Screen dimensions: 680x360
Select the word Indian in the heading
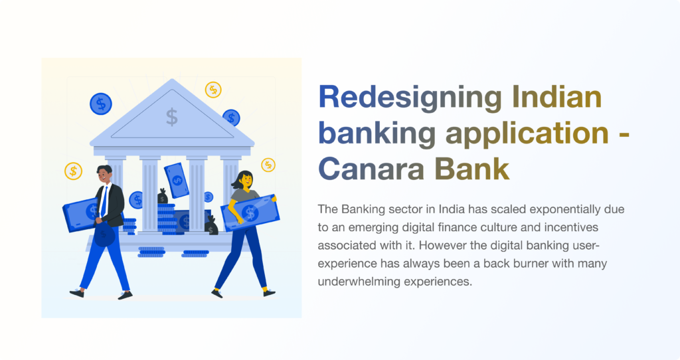(557, 96)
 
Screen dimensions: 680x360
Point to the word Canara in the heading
(371, 169)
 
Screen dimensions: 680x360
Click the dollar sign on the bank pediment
(172, 117)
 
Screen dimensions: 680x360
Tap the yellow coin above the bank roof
(213, 90)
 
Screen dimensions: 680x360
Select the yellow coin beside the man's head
(73, 171)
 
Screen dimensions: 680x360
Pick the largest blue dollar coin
(101, 104)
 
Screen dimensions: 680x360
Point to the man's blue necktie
(104, 202)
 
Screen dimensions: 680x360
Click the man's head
(104, 174)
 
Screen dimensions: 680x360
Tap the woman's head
(244, 179)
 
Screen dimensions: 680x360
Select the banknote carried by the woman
(250, 213)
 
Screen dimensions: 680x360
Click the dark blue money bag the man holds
(104, 234)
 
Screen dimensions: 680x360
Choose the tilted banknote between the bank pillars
(177, 181)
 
